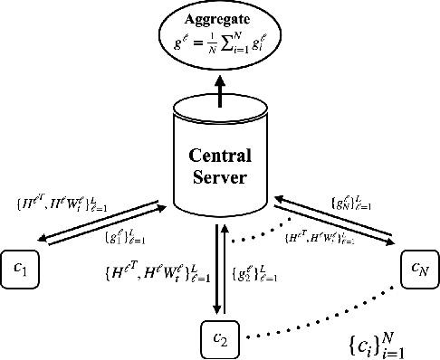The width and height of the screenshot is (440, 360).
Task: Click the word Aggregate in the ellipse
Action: (x=219, y=18)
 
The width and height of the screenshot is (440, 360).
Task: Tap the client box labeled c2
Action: (x=219, y=337)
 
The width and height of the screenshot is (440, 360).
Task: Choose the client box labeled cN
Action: (x=418, y=269)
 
